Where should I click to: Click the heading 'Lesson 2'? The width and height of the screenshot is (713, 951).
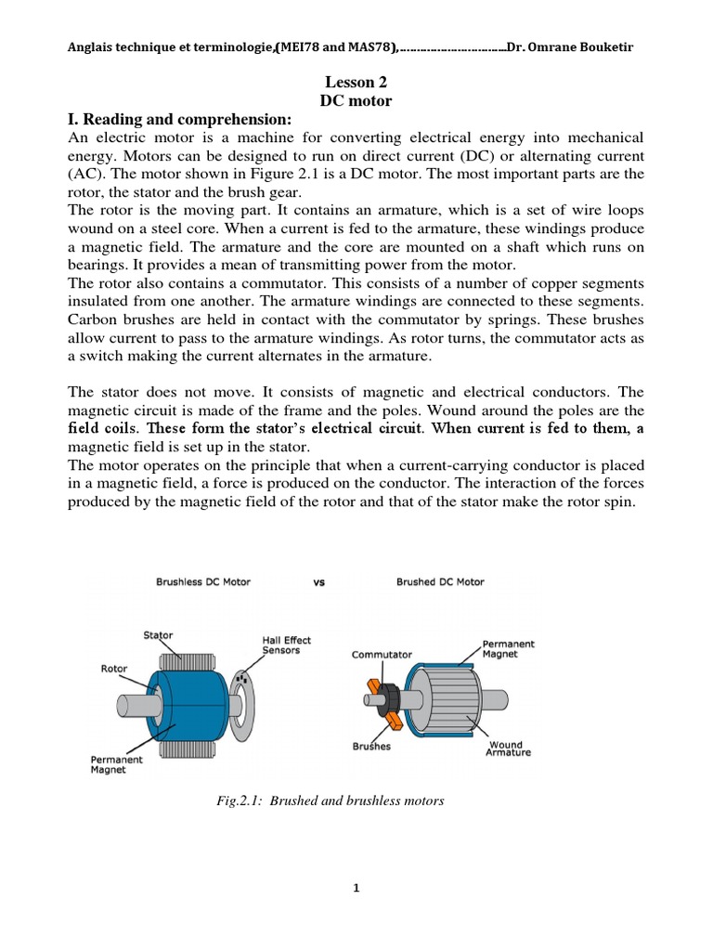356,83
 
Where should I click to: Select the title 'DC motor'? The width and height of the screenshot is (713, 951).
356,100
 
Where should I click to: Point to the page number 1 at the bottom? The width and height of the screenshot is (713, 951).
356,888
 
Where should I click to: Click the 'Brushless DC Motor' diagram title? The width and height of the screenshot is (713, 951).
202,582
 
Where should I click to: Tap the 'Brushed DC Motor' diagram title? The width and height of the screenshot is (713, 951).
440,582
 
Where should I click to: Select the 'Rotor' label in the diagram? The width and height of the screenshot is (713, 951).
113,667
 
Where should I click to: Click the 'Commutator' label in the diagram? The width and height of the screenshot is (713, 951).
382,654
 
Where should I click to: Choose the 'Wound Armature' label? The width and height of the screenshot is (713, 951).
508,749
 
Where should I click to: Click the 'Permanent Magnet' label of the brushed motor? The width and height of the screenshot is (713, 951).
508,649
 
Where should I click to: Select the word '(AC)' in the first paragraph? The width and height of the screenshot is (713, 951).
89,174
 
